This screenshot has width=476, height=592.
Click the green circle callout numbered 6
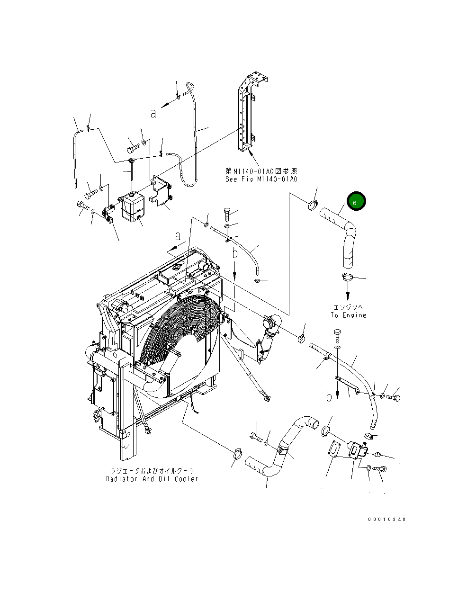coord(357,202)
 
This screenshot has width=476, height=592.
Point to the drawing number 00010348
coord(387,520)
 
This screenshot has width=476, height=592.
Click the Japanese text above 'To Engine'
coord(348,308)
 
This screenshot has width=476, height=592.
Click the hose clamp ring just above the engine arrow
coord(347,277)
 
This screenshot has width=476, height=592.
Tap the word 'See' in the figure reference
coord(232,179)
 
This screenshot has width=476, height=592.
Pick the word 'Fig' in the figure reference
coord(249,179)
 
